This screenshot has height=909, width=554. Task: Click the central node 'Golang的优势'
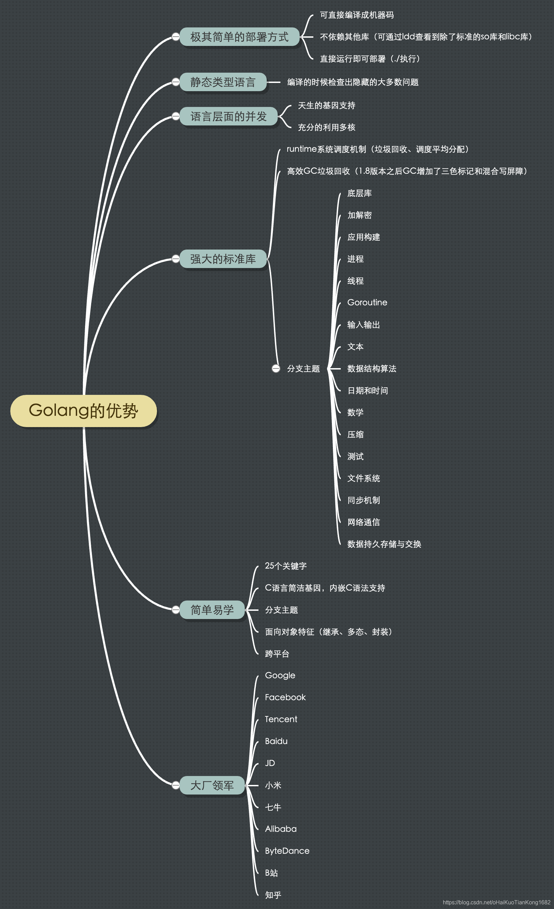click(x=83, y=411)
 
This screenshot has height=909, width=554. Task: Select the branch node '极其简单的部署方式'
click(x=239, y=37)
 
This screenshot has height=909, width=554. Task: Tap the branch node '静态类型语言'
click(x=222, y=82)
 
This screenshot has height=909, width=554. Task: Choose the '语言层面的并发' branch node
click(x=228, y=117)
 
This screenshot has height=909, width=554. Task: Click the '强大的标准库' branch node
click(x=222, y=259)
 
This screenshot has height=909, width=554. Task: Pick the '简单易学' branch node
click(x=212, y=610)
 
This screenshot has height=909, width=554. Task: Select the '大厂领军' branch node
click(x=212, y=785)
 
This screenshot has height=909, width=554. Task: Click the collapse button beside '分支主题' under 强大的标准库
click(x=276, y=368)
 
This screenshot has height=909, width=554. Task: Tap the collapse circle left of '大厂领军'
click(x=176, y=785)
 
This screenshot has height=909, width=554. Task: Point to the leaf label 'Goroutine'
click(x=367, y=303)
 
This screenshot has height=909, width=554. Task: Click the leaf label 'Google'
click(x=280, y=676)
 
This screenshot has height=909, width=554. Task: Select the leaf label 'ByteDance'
click(x=287, y=851)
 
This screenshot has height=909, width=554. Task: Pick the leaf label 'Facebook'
click(x=285, y=697)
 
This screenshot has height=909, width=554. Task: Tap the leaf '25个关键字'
click(x=286, y=566)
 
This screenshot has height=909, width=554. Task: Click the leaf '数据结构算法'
click(x=372, y=368)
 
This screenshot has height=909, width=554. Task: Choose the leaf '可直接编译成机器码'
click(x=357, y=15)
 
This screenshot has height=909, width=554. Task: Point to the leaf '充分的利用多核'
click(x=326, y=127)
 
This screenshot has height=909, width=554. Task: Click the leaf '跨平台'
click(x=277, y=654)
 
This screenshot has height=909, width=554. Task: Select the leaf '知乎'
click(x=273, y=895)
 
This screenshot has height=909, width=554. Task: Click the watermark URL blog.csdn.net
click(x=496, y=902)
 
